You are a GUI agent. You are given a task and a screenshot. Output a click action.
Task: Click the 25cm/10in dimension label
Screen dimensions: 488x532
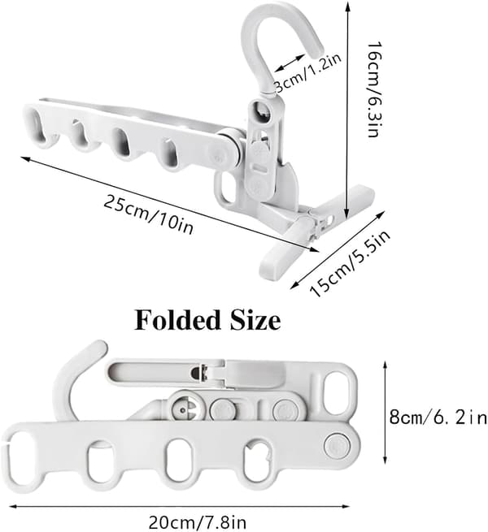click(x=148, y=214)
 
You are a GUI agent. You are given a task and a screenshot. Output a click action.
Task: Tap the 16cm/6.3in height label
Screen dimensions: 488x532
click(x=374, y=89)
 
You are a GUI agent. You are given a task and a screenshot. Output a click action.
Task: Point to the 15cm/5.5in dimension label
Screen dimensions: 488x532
click(x=350, y=264)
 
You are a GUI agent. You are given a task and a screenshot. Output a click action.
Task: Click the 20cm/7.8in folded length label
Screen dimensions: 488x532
click(x=198, y=522)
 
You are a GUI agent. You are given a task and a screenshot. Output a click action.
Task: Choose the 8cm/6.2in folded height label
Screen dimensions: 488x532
click(x=438, y=417)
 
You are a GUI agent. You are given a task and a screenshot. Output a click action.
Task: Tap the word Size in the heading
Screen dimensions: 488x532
click(x=255, y=320)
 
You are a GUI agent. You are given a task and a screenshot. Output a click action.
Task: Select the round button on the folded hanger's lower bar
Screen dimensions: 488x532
click(x=335, y=444)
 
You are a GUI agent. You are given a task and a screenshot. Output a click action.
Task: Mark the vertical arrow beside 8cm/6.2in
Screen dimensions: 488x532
click(x=385, y=413)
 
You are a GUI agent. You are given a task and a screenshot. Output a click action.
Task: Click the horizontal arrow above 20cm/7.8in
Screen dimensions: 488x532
click(x=179, y=507)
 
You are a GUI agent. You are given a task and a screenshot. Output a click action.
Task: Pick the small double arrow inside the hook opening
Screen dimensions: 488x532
click(x=290, y=63)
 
